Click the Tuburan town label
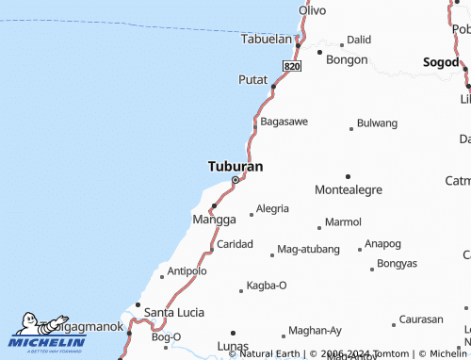(235, 166)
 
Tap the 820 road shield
(291, 67)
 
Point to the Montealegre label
(349, 189)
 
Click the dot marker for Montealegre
(348, 176)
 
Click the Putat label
(253, 79)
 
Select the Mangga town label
(214, 220)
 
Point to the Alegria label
(272, 208)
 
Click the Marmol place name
(343, 222)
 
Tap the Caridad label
(235, 244)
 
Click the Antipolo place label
(187, 271)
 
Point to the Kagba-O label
(267, 285)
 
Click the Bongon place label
(346, 59)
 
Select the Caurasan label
(421, 319)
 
